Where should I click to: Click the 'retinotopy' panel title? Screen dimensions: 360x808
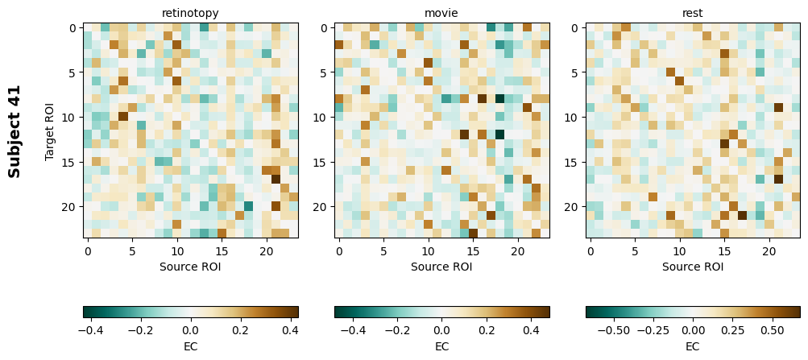190,13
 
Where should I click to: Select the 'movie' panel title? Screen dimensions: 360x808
441,13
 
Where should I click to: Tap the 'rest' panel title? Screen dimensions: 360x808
693,13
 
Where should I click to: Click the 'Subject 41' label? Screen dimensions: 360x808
15,130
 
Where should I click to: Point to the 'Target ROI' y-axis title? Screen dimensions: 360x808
50,130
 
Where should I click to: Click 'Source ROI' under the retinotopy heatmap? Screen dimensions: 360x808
190,267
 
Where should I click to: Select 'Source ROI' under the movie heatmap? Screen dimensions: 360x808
441,267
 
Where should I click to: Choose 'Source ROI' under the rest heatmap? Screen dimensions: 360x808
693,267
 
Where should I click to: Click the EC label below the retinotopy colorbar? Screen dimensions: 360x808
190,346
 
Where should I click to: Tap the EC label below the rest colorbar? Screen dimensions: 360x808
693,346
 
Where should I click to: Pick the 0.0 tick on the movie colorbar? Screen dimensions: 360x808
441,330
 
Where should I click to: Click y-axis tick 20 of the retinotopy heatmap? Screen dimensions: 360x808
72,207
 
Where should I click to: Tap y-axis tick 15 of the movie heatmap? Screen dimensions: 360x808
323,162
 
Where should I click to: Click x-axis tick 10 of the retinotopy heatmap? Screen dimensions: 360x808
177,251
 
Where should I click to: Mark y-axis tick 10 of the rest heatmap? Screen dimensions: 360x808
574,118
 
